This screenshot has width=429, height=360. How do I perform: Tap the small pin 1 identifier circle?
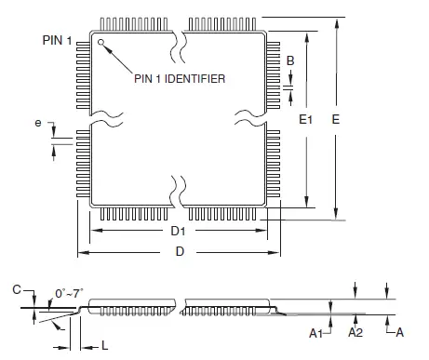101,41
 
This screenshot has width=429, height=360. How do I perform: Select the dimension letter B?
291,60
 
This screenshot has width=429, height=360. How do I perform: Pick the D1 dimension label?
178,231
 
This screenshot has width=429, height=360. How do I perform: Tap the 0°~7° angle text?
68,293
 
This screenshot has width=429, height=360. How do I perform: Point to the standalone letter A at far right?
400,331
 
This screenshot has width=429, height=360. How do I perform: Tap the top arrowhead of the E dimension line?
337,21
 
